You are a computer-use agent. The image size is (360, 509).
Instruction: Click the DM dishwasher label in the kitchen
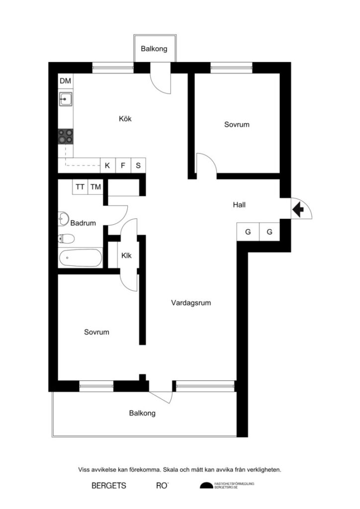point(65,81)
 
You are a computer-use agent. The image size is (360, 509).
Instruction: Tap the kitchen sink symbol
point(65,100)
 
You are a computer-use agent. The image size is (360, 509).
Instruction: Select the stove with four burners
point(65,136)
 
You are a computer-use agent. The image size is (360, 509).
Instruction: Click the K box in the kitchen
point(107,166)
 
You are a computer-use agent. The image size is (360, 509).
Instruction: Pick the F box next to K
point(123,166)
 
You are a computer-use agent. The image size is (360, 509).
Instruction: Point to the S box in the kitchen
point(138,166)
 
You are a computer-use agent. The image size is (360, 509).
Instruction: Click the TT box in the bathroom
point(80,187)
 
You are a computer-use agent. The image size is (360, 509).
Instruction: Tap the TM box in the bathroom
point(95,187)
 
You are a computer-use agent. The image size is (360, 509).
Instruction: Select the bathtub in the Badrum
point(80,258)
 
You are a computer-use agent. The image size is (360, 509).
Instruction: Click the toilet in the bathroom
point(66,239)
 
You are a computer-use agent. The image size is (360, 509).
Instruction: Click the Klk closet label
point(126,256)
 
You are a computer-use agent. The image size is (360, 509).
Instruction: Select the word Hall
point(240,205)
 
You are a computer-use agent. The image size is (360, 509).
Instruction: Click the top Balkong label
point(154,49)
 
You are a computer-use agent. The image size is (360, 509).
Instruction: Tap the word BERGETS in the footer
point(109,486)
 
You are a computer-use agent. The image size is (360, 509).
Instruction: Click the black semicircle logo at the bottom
point(206,486)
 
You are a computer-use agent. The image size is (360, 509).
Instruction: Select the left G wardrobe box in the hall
point(247,232)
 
